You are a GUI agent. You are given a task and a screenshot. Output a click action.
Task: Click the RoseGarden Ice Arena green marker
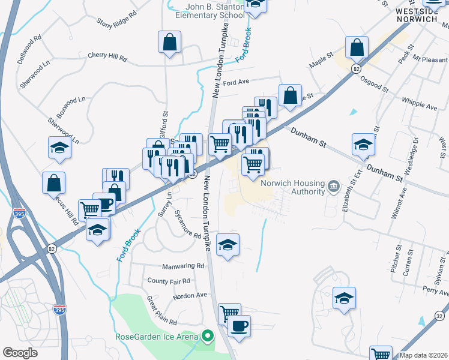pyautogui.click(x=208, y=336)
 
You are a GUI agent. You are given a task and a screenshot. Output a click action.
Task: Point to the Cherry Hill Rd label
pyautogui.click(x=107, y=58)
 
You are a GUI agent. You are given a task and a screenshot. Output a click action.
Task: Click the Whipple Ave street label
pyautogui.click(x=420, y=104)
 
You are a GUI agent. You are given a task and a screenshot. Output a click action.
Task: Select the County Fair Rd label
pyautogui.click(x=169, y=281)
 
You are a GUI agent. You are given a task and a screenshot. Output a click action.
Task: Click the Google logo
pyautogui.click(x=20, y=353)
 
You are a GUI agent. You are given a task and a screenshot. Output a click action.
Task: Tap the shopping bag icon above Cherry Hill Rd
pyautogui.click(x=170, y=43)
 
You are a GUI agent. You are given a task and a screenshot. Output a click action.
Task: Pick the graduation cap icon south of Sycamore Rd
pyautogui.click(x=228, y=245)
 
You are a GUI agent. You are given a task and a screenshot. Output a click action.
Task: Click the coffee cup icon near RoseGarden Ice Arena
pyautogui.click(x=239, y=326)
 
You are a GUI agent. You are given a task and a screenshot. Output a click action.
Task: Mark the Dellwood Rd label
pyautogui.click(x=30, y=45)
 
